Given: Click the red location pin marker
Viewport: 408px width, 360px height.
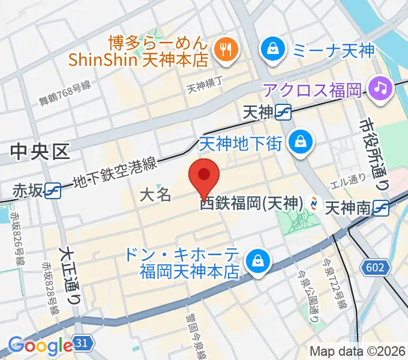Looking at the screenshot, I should pyautogui.click(x=204, y=176).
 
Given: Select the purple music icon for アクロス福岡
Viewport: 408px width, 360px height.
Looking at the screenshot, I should pyautogui.click(x=379, y=89).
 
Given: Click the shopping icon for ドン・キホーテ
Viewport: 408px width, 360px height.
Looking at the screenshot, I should pyautogui.click(x=256, y=261).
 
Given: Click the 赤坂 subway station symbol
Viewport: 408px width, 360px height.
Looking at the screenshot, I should pyautogui.click(x=55, y=190).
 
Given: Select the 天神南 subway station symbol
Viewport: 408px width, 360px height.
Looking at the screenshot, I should pyautogui.click(x=380, y=208).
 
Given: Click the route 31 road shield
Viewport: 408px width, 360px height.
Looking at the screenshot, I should pyautogui.click(x=83, y=344).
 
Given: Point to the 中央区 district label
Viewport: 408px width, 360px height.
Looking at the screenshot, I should pyautogui.click(x=40, y=152).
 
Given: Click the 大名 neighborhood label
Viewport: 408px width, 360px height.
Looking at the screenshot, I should pyautogui.click(x=155, y=194).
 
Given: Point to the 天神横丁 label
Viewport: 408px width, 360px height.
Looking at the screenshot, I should pyautogui.click(x=204, y=88).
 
